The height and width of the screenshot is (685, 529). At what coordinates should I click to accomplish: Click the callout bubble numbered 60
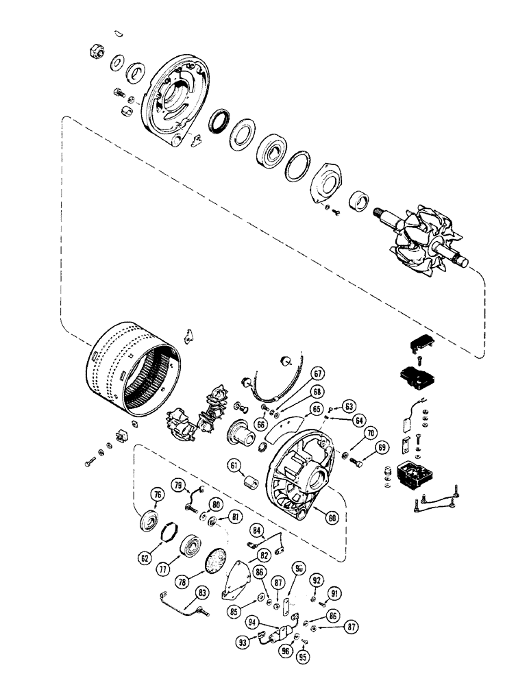coord(332,519)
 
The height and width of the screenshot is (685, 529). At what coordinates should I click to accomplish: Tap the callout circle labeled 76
coord(157,496)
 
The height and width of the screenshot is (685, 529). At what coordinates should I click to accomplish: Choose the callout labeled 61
coord(235,466)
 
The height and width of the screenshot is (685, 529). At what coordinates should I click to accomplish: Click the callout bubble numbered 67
coord(317,373)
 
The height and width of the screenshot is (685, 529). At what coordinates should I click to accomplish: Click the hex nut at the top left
coord(96,52)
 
